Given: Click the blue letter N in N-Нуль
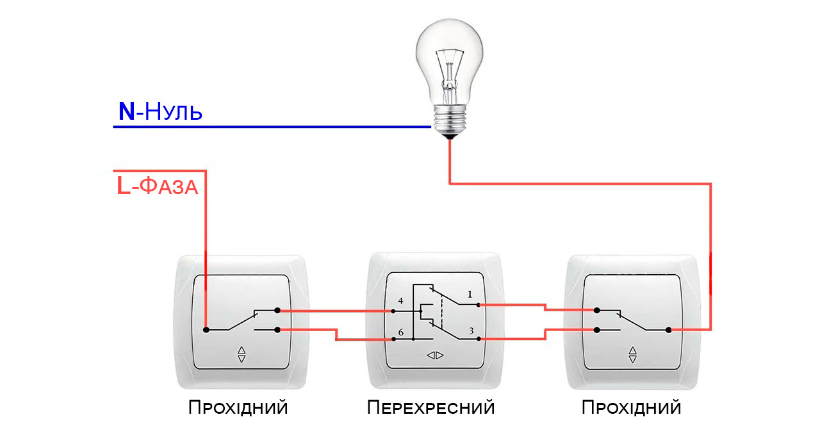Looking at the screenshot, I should point(127,112).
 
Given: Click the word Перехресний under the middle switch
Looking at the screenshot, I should point(431,407).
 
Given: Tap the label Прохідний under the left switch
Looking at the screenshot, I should point(238,407).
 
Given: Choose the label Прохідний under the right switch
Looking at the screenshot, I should point(631,407).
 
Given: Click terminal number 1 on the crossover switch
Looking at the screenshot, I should point(470,295).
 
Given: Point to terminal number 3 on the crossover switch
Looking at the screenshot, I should point(471,331).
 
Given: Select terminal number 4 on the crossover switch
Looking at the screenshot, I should point(400,300).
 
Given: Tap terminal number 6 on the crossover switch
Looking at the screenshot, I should point(400,332).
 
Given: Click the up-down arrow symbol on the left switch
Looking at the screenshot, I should point(242,354).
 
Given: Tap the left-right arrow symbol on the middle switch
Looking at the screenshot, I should point(436,355).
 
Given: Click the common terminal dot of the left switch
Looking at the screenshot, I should point(206,330).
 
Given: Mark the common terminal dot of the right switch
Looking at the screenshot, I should point(668,330).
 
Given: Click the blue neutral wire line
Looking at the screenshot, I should point(269,127).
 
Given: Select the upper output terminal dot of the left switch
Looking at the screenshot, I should point(277,311).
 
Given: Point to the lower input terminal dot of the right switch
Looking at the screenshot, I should point(597,331).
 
